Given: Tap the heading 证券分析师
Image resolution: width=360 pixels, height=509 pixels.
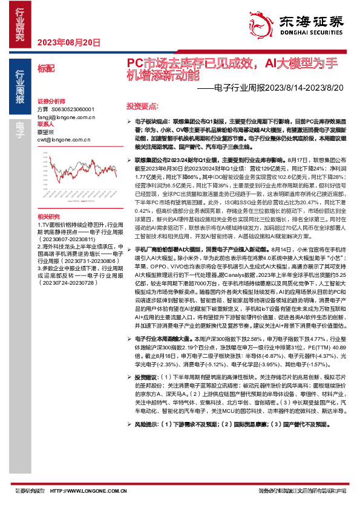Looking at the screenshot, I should [50, 101].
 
